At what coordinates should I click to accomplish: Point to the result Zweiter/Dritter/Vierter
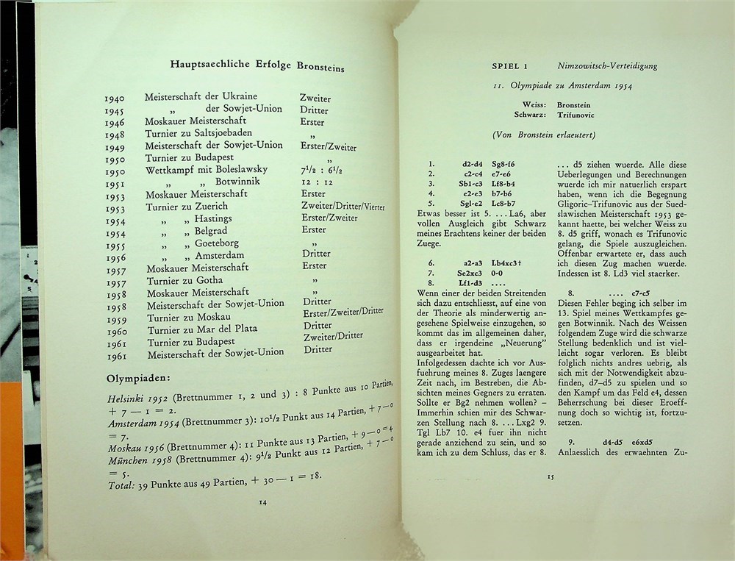coord(343,207)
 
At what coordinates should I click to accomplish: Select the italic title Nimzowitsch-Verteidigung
coord(608,66)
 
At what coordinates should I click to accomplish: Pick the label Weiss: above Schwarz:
coord(534,104)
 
